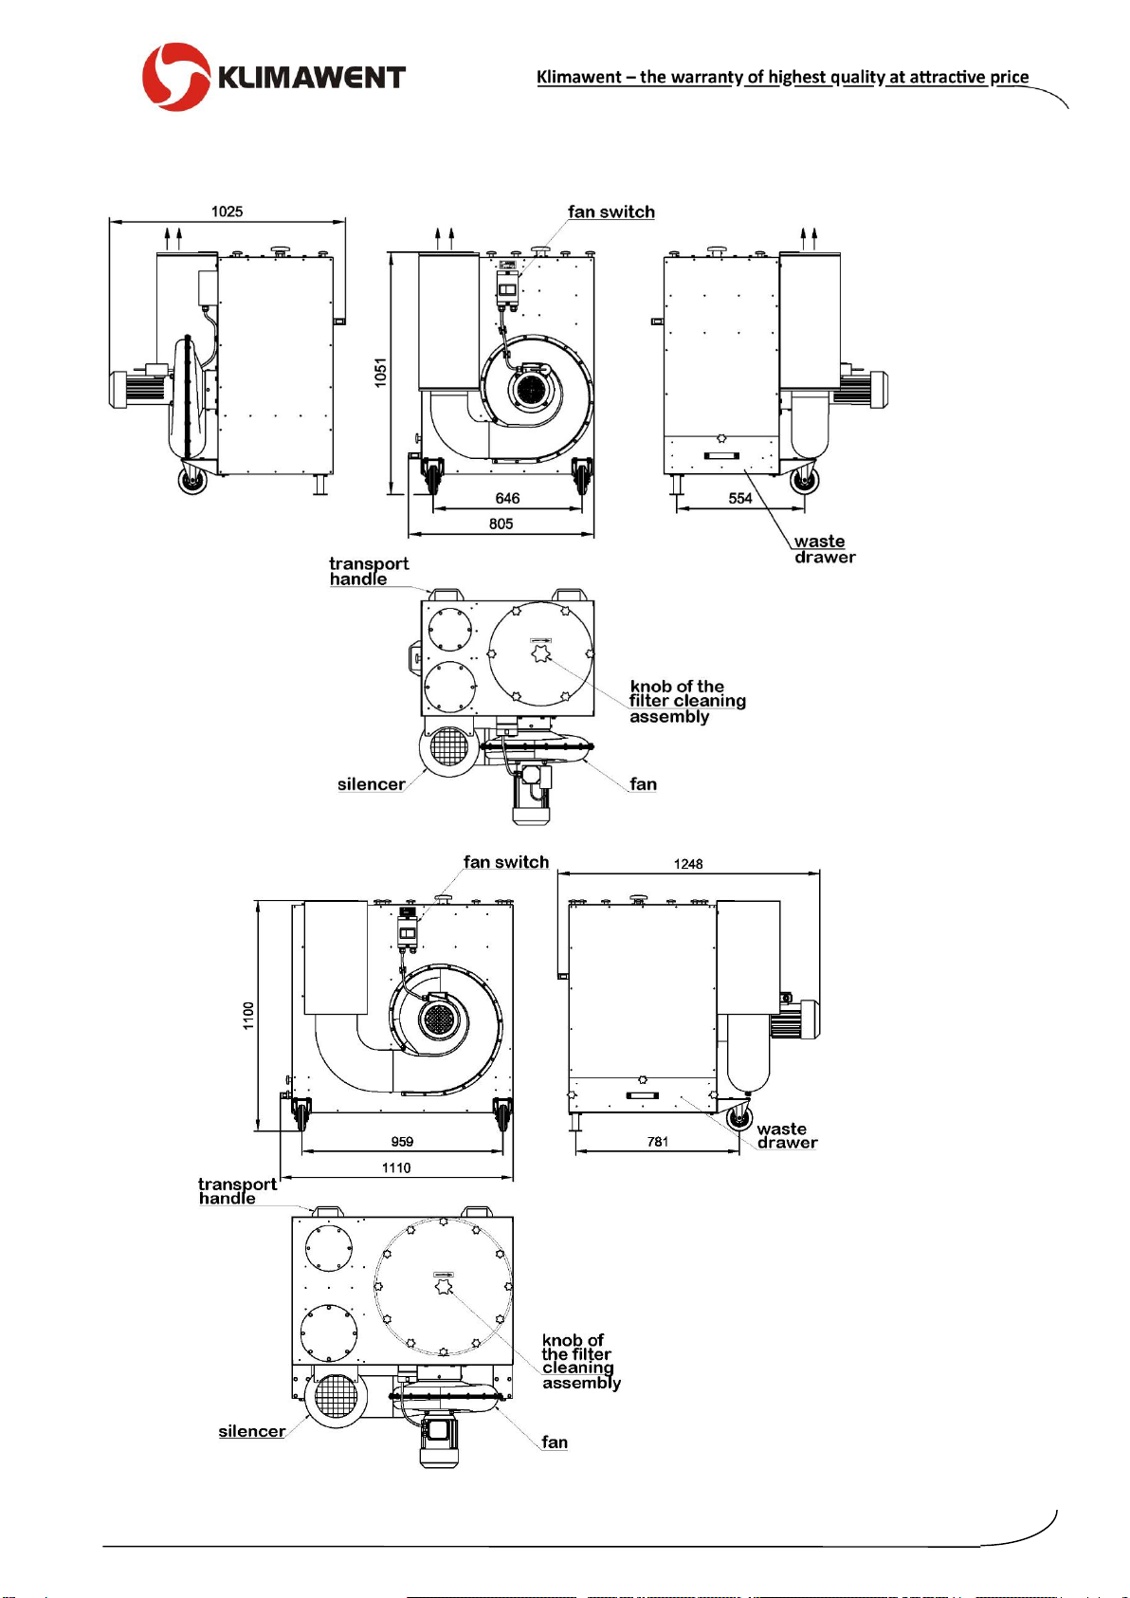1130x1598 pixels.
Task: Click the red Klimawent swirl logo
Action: point(176,76)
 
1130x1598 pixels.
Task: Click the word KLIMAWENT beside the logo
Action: point(312,77)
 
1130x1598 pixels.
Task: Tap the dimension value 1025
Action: point(227,211)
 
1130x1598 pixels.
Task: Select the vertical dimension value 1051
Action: point(381,373)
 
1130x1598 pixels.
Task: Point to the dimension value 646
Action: point(507,498)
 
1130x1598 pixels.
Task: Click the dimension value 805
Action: point(501,523)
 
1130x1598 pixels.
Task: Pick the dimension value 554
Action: point(740,498)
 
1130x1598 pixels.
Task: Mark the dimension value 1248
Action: point(688,864)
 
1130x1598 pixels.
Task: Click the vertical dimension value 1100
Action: point(248,1015)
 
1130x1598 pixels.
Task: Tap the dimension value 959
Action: point(402,1142)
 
